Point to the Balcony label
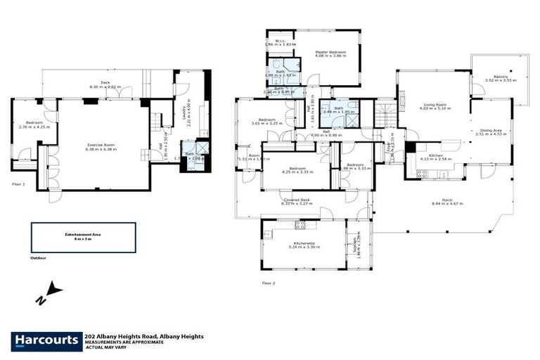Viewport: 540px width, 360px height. pos(501,77)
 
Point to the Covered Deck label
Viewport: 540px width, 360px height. pos(296,200)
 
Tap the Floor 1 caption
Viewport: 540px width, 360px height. pos(19,184)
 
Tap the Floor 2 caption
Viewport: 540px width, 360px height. pos(269,283)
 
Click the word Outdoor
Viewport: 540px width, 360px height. pos(39,258)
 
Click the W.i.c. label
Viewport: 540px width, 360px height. pos(279,41)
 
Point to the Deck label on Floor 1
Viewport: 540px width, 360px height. pos(105,83)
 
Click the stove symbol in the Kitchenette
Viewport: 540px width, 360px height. pos(300,226)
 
